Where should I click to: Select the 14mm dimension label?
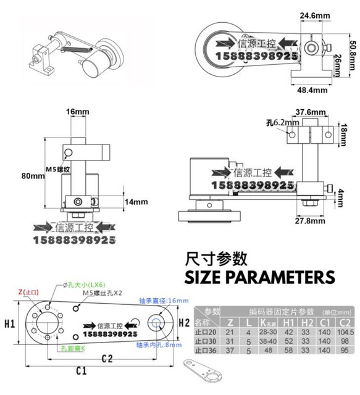135,201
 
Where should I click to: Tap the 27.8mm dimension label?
311,220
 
